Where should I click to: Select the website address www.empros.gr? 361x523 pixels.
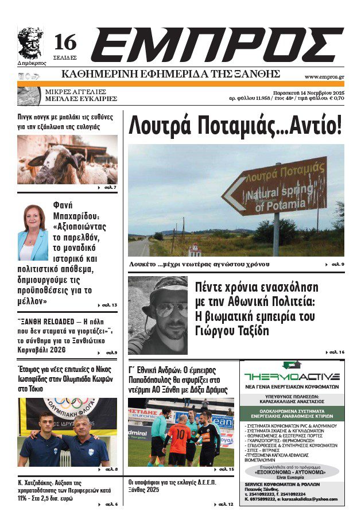324,76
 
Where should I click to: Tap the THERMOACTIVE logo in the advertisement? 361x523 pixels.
292,377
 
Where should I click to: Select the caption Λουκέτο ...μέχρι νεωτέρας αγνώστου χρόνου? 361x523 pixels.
207,265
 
